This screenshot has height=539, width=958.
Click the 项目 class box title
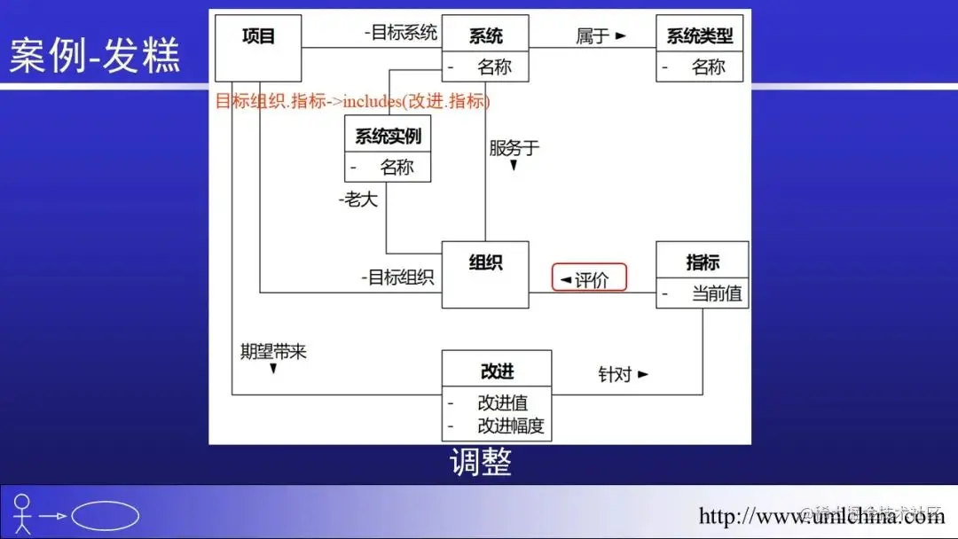[258, 36]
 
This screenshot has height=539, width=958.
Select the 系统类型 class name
[700, 36]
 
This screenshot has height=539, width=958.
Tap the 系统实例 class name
[388, 137]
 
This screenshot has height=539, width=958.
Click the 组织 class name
[485, 262]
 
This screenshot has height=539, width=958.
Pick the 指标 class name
[703, 262]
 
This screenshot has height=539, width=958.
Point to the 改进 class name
[497, 371]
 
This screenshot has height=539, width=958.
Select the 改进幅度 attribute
[511, 426]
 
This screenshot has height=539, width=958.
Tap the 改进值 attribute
[502, 402]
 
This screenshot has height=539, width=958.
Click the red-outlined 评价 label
[590, 279]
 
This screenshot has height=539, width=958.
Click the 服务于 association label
[514, 148]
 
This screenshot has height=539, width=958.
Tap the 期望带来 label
[273, 351]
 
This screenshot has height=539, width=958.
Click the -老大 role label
[358, 199]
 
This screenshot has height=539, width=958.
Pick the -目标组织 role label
[397, 277]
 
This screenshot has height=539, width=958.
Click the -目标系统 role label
[401, 33]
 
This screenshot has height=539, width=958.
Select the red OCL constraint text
[352, 101]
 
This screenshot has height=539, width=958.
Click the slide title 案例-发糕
[95, 55]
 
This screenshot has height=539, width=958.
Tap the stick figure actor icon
[22, 514]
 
